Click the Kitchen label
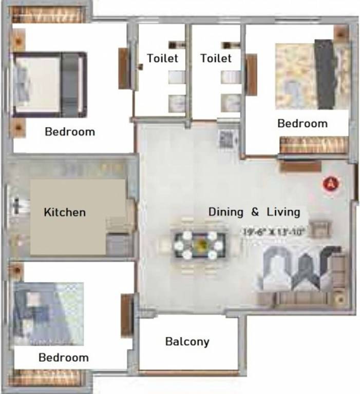click(64, 212)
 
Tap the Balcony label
click(187, 341)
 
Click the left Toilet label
click(162, 58)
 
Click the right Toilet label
click(216, 58)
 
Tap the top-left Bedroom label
click(70, 131)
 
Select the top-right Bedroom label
click(302, 123)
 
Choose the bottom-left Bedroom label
click(64, 358)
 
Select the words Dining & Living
click(254, 212)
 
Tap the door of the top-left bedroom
click(124, 69)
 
